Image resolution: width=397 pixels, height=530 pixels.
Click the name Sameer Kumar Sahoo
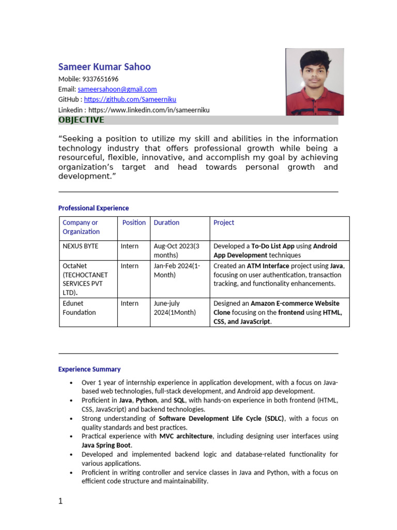(x=104, y=67)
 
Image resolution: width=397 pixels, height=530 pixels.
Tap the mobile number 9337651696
(x=100, y=79)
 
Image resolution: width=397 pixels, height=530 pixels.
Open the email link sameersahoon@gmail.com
(x=117, y=90)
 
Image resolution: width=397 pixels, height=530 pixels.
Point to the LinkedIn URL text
(x=149, y=110)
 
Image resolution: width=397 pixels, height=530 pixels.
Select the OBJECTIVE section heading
(x=81, y=120)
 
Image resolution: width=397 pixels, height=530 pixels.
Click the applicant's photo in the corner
(x=314, y=82)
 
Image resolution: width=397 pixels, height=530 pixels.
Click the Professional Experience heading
(x=94, y=208)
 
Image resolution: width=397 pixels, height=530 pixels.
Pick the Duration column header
(x=166, y=223)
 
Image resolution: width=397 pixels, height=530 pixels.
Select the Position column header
(x=134, y=223)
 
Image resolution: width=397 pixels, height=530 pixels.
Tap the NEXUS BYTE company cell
(x=80, y=246)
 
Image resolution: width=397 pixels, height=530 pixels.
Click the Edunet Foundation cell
(x=79, y=308)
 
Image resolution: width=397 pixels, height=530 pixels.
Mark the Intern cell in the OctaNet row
(x=130, y=266)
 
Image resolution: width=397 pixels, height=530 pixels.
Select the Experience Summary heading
(x=89, y=370)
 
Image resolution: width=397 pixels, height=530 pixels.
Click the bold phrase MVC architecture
(x=186, y=436)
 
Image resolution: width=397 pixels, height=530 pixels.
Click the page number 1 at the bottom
(x=60, y=502)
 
